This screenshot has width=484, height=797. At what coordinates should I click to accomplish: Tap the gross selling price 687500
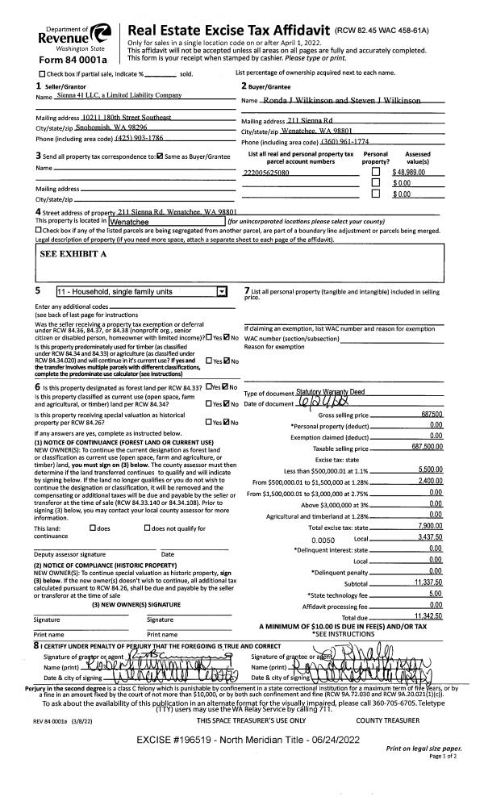point(431,415)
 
